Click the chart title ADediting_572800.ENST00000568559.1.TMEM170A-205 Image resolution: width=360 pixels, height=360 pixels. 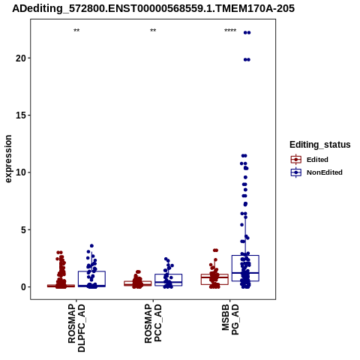[153, 8]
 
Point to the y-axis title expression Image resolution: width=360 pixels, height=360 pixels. [8, 159]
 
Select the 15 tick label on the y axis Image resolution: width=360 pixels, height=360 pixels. [21, 115]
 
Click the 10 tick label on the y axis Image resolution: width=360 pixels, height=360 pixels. [21, 172]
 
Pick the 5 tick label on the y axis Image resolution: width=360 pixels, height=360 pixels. [23, 229]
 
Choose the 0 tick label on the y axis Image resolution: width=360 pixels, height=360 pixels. [23, 287]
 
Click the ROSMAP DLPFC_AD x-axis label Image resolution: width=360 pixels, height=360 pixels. [76, 328]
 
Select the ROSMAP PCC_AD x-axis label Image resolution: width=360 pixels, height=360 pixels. [153, 323]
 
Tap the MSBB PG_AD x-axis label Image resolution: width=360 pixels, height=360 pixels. [230, 319]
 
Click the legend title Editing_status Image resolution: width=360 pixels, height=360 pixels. [320, 145]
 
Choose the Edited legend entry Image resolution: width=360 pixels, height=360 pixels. [310, 160]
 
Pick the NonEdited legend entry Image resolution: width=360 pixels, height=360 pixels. [316, 172]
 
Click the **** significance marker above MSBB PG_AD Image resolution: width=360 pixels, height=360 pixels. [230, 31]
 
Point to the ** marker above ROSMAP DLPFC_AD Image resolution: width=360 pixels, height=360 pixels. [76, 31]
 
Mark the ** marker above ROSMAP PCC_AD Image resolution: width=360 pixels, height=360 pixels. [153, 31]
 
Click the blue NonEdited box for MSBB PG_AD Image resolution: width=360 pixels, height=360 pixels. [245, 256]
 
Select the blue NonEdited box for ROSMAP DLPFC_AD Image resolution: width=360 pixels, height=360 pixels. [91, 271]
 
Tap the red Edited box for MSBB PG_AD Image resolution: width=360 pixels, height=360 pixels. [214, 274]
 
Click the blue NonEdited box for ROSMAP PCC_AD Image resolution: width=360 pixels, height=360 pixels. [168, 274]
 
